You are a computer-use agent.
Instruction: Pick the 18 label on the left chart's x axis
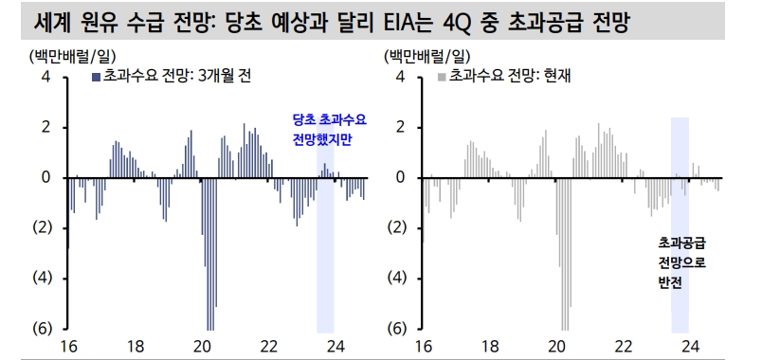point(136,346)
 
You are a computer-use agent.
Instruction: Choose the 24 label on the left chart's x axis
point(335,346)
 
